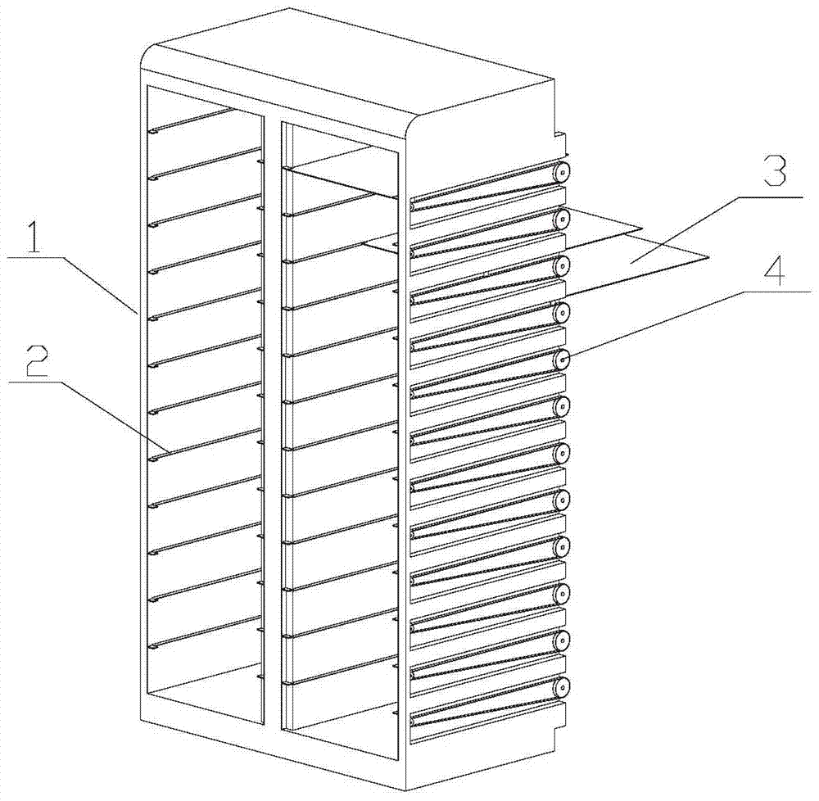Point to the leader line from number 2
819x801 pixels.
click(x=88, y=415)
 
